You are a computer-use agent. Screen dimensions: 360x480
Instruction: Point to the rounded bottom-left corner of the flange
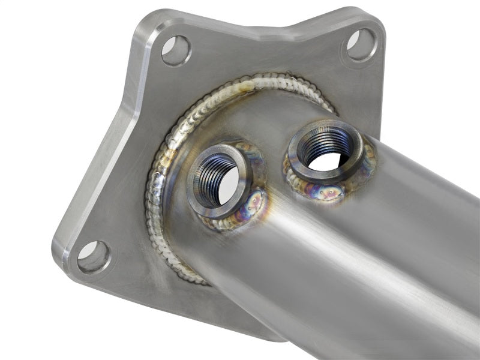[63, 264]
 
